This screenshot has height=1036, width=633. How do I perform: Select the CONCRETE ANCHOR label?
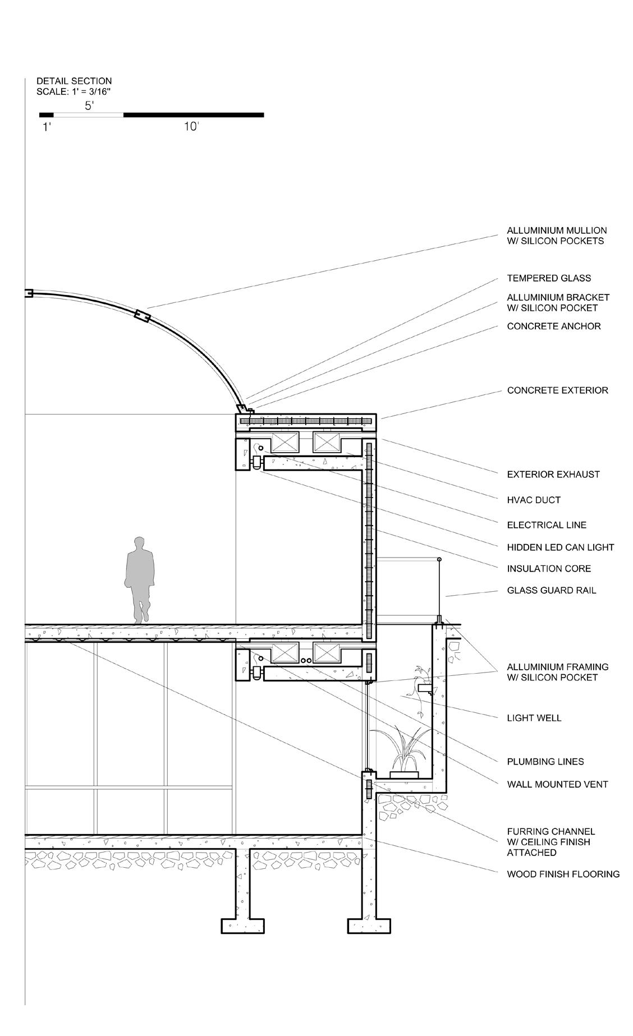[553, 326]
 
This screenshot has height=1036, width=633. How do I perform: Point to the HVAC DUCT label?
[533, 500]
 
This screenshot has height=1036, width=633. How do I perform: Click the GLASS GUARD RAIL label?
[551, 590]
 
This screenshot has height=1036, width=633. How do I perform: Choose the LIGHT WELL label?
[534, 718]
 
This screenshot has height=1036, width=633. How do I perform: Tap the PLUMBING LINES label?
[545, 762]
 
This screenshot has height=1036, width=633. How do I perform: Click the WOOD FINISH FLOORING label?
[563, 874]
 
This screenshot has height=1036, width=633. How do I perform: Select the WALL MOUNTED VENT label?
[557, 784]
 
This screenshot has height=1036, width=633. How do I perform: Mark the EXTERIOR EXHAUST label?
[553, 475]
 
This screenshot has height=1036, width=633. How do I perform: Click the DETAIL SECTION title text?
[74, 81]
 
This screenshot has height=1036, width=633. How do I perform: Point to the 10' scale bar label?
[191, 127]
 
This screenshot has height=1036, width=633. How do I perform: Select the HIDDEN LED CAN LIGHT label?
[560, 547]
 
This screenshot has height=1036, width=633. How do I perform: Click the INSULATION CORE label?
[548, 569]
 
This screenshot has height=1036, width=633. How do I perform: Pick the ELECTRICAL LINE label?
[546, 525]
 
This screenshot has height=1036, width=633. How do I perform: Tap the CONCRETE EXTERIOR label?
[557, 390]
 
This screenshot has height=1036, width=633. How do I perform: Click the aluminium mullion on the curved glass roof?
[141, 316]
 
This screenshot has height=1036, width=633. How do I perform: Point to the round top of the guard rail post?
[439, 560]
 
